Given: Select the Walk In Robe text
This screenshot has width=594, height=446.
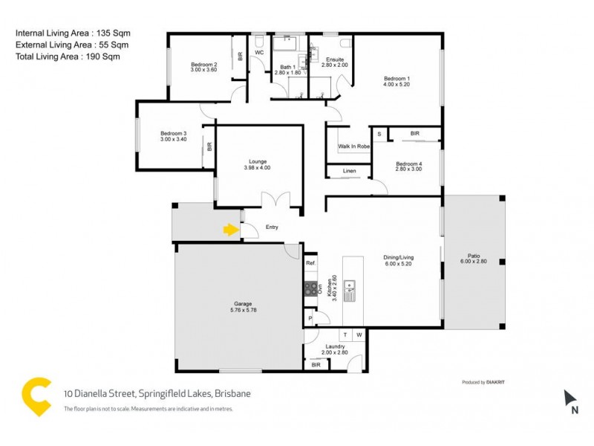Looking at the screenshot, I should coord(354,146).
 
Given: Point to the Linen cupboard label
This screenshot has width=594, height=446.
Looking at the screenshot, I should coord(349,172).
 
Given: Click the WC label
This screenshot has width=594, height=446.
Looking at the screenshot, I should coord(260,54).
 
